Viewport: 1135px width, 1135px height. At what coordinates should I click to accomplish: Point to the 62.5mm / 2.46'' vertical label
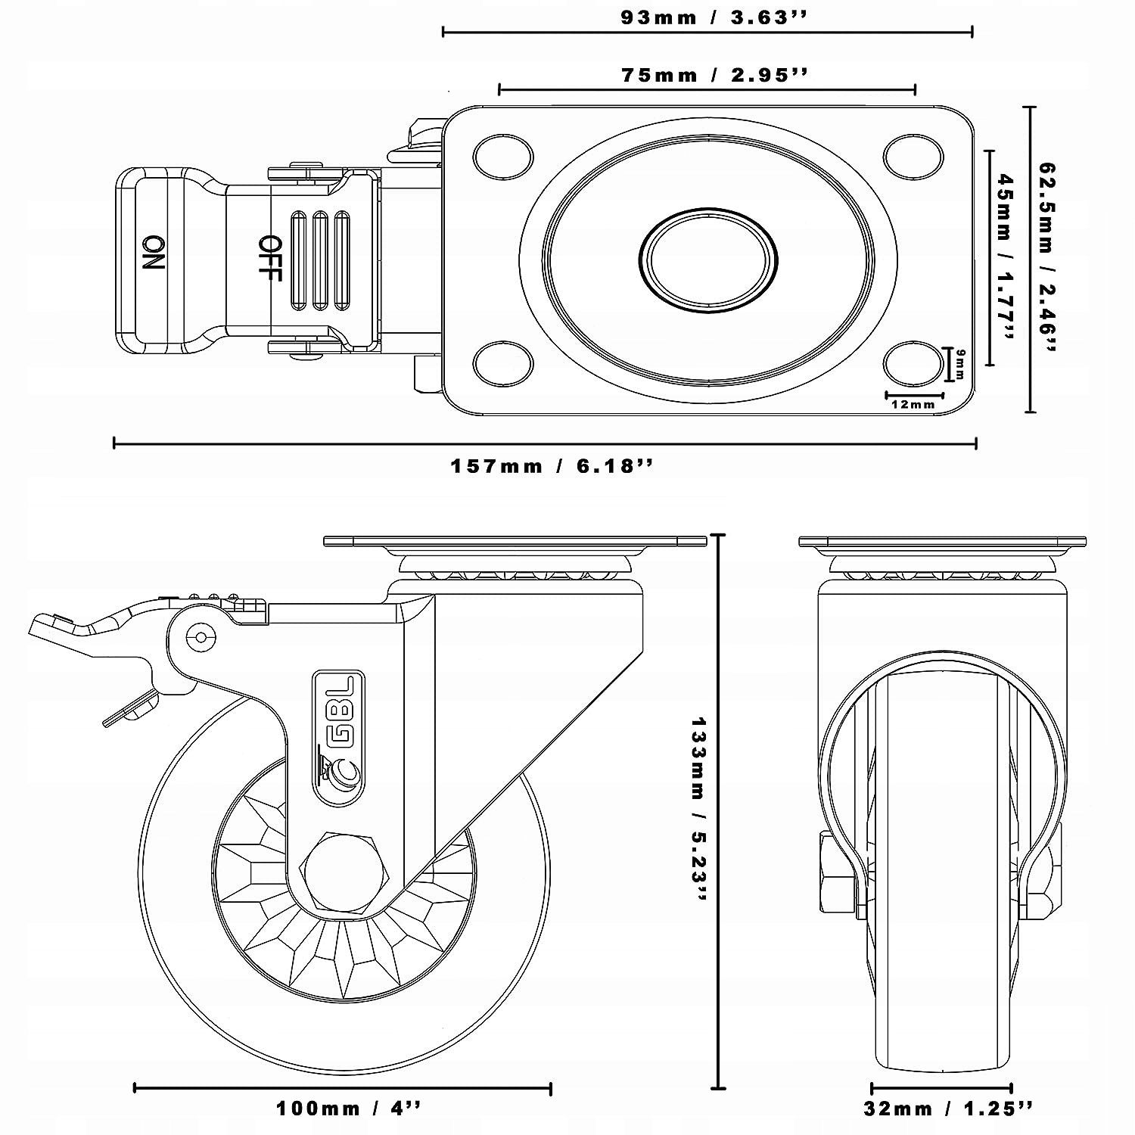tap(1047, 257)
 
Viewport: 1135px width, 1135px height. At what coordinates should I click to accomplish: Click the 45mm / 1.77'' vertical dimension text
tap(1005, 257)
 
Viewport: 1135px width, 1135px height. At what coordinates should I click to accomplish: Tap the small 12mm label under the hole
tap(913, 404)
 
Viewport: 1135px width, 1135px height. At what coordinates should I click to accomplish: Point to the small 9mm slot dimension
tap(960, 364)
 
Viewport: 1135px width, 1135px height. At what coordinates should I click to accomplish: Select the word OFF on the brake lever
tap(269, 258)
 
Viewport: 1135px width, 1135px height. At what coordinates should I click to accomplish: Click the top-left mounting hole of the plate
tap(502, 156)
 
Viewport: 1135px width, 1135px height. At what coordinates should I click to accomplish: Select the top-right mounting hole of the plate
tap(913, 154)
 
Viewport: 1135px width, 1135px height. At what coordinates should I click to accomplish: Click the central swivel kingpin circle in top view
tap(708, 260)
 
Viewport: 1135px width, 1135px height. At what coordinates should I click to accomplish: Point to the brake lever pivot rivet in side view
tap(201, 637)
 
